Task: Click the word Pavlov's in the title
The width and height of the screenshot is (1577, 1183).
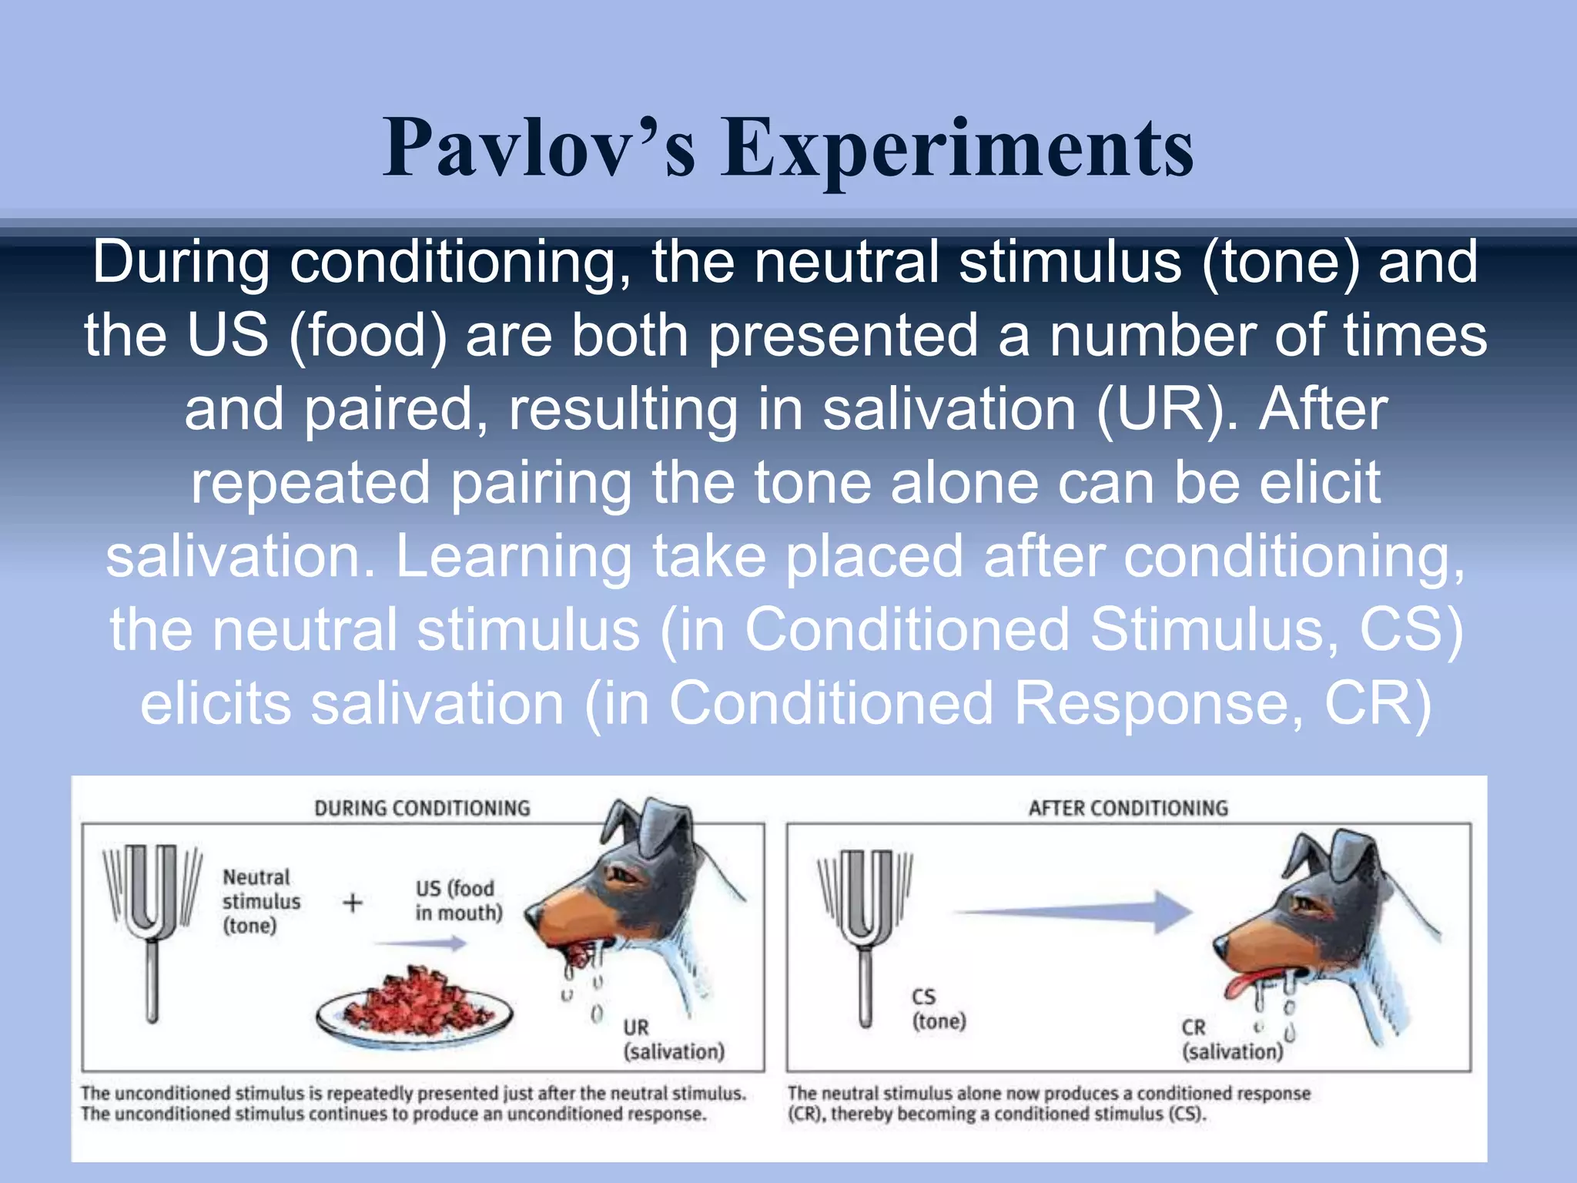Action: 539,148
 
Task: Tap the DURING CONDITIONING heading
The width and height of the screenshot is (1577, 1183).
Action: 422,808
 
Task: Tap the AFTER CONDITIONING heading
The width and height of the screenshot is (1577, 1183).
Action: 1128,808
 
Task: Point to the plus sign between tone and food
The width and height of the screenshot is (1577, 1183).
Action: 353,902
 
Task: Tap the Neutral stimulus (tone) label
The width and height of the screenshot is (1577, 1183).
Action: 260,901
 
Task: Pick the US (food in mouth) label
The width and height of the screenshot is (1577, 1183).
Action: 458,900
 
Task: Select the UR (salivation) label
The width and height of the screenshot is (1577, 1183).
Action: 673,1040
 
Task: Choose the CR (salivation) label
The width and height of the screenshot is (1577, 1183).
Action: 1230,1040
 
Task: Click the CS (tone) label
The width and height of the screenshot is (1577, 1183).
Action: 938,1009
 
